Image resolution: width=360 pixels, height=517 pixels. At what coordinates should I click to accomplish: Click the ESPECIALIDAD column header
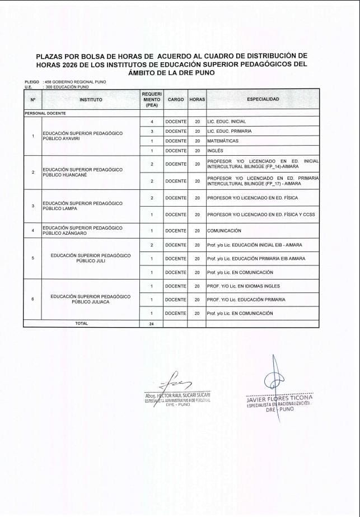click(263, 99)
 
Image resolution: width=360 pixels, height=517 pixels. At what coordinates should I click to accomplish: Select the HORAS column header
click(197, 99)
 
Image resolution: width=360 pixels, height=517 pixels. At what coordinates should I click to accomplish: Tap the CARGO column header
click(175, 99)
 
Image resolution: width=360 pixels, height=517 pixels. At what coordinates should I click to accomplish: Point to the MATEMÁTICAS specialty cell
click(223, 141)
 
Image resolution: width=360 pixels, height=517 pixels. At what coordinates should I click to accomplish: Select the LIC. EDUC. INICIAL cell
click(226, 122)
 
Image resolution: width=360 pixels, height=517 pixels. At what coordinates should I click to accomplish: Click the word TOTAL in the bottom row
click(82, 323)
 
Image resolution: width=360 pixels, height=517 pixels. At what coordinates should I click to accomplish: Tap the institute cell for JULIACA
click(90, 299)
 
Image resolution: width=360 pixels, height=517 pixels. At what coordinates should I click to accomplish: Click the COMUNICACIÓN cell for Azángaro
click(224, 231)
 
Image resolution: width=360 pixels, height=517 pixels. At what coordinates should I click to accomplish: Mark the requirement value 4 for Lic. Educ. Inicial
click(152, 122)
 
